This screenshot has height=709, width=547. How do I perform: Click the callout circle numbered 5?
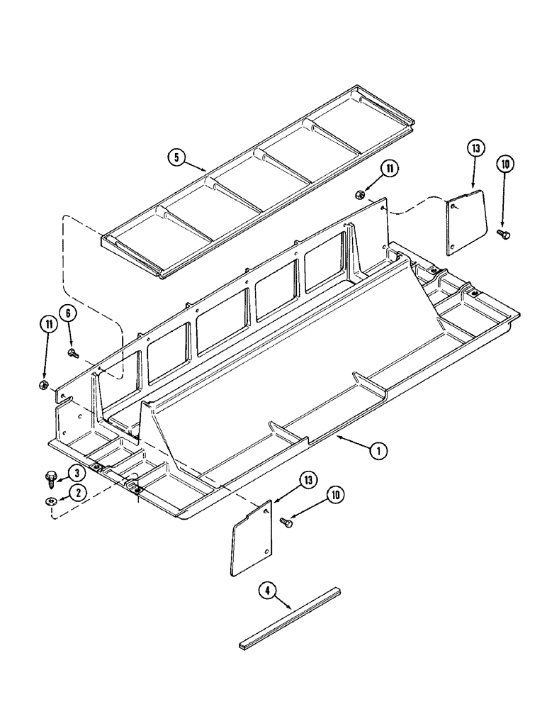[178, 157]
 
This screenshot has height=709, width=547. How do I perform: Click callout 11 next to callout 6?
[47, 325]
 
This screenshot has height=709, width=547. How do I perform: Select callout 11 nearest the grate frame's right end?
[388, 169]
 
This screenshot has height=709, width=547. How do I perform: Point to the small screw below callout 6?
[72, 352]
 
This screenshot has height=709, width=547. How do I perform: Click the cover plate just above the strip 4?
[251, 537]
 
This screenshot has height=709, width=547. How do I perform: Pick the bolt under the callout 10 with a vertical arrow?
[504, 233]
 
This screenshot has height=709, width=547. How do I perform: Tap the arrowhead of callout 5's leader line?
[208, 171]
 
